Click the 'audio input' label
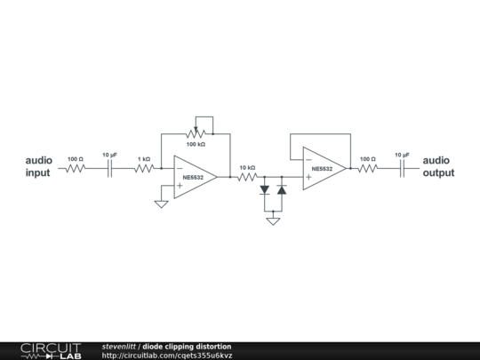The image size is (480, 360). pyautogui.click(x=38, y=166)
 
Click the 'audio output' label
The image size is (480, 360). pyautogui.click(x=438, y=166)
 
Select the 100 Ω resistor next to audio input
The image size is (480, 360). pyautogui.click(x=76, y=168)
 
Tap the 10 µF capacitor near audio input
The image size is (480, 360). pyautogui.click(x=110, y=168)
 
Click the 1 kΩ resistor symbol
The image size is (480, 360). pyautogui.click(x=144, y=168)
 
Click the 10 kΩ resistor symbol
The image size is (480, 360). pyautogui.click(x=247, y=177)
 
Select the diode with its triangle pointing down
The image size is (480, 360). pyautogui.click(x=265, y=190)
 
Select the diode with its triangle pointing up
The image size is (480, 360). pyautogui.click(x=282, y=190)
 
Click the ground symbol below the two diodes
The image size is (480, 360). pyautogui.click(x=273, y=221)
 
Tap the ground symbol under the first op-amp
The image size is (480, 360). pyautogui.click(x=161, y=204)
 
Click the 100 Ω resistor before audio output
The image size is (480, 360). pyautogui.click(x=368, y=168)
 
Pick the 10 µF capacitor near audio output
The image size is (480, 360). pyautogui.click(x=403, y=168)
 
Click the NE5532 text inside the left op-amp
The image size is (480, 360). pyautogui.click(x=193, y=178)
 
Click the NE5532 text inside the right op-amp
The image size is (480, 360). pyautogui.click(x=322, y=169)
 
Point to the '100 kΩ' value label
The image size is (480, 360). pyautogui.click(x=196, y=144)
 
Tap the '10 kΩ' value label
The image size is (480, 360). pyautogui.click(x=247, y=168)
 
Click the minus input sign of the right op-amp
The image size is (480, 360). pyautogui.click(x=308, y=159)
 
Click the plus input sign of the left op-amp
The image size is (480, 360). pyautogui.click(x=180, y=186)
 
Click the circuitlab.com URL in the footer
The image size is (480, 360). pyautogui.click(x=167, y=356)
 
